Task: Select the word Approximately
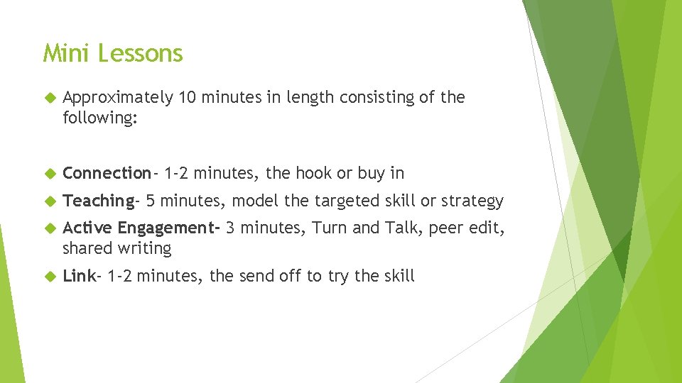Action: pos(118,97)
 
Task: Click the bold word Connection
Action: pos(107,172)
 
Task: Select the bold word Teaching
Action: pos(98,201)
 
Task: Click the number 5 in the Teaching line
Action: pos(151,201)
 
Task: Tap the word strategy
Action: pos(472,201)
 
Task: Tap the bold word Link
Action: pos(78,276)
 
